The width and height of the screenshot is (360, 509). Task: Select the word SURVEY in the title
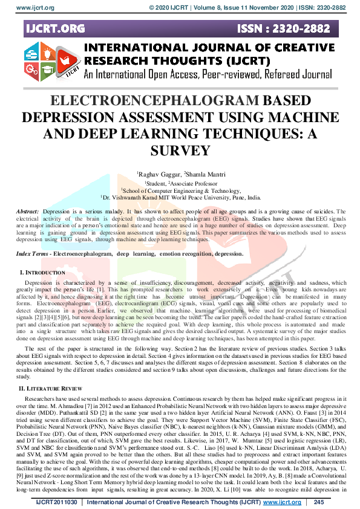point(180,150)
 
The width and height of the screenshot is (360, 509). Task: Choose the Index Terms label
point(32,254)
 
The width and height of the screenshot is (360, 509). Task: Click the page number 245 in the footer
point(319,502)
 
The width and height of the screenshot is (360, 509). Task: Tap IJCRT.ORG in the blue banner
point(54,28)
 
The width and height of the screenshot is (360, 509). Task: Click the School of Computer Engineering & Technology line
point(181,190)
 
